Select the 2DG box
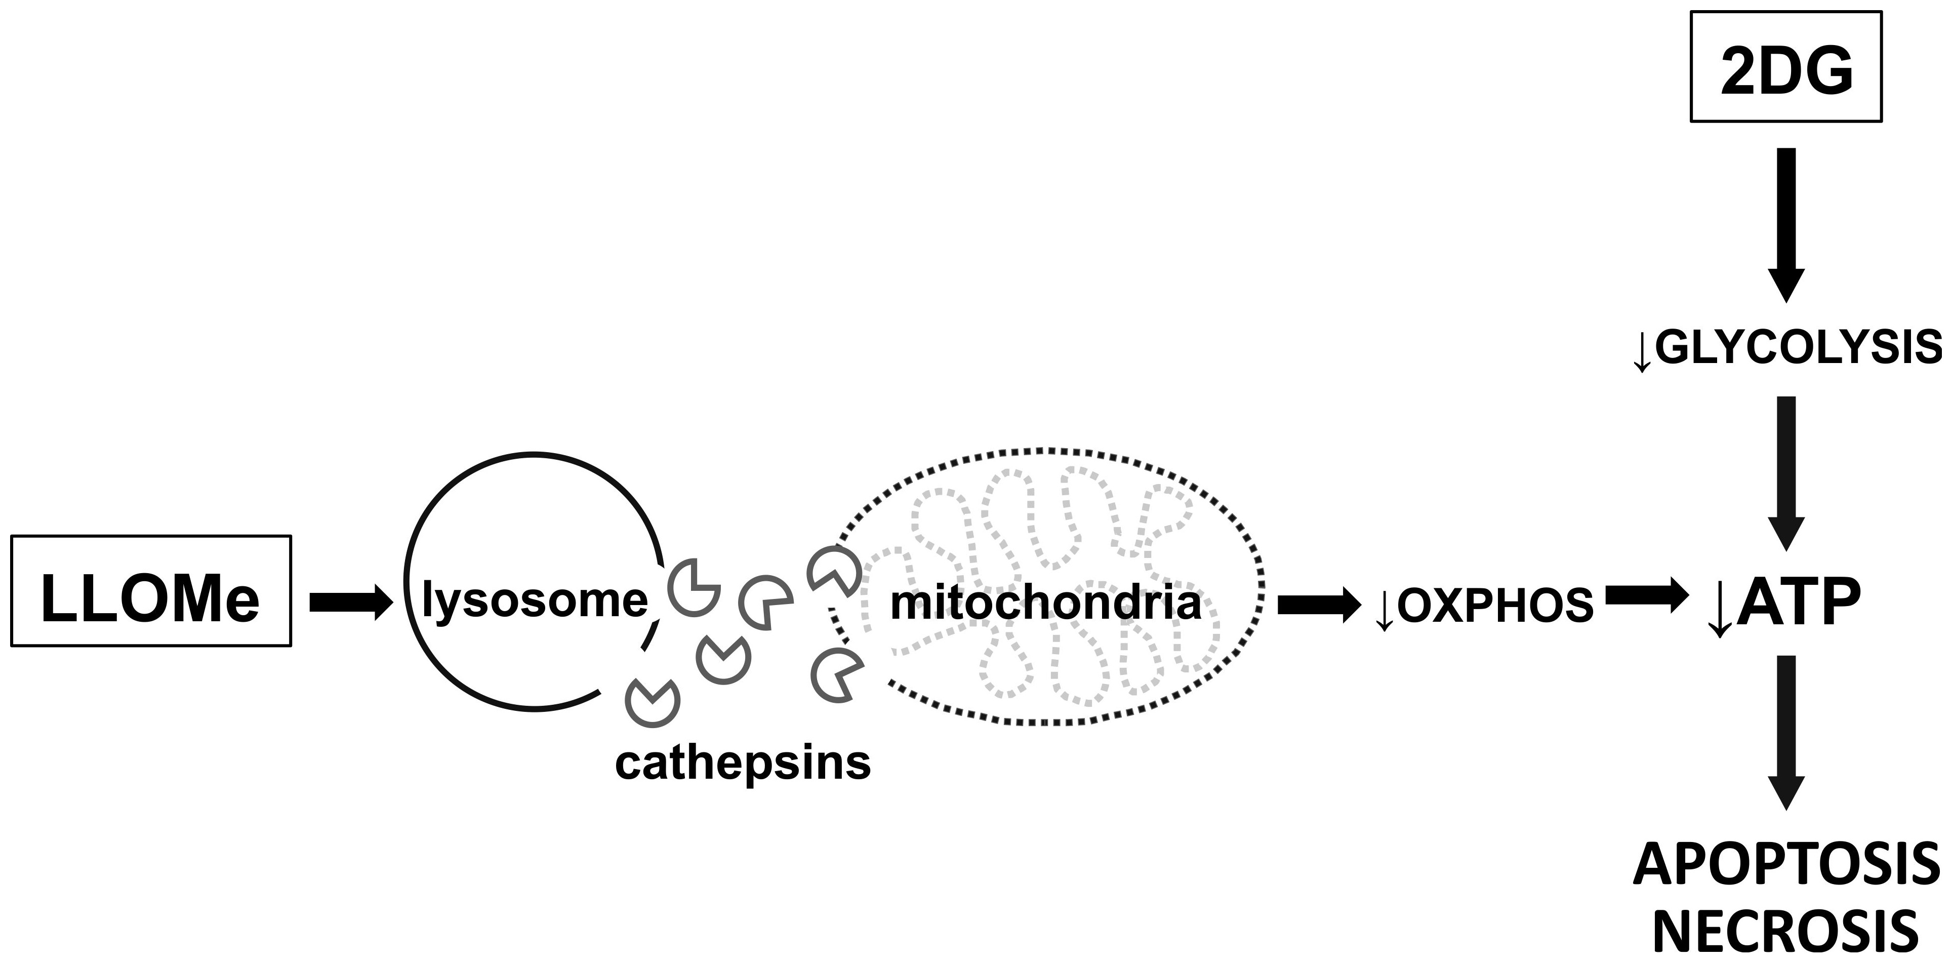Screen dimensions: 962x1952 1786,67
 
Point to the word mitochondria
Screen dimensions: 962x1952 1046,604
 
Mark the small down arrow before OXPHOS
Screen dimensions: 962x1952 1384,610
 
